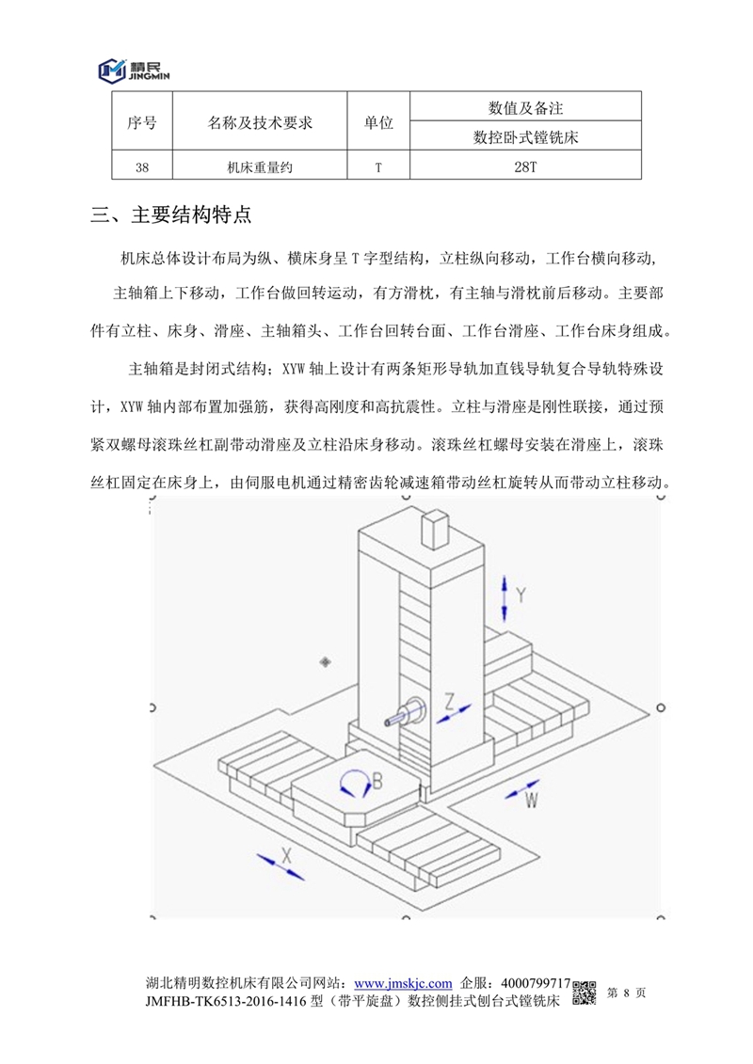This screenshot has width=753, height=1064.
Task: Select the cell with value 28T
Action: tap(526, 167)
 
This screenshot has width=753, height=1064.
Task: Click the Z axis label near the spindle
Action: tap(451, 701)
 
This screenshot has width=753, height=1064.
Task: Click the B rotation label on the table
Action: tap(376, 780)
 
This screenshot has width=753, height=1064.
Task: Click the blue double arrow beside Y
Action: tap(506, 595)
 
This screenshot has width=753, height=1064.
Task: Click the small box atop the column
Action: tap(435, 528)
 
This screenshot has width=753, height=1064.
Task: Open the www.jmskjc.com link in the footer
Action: tap(404, 982)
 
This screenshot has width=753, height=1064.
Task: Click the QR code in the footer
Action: tap(585, 992)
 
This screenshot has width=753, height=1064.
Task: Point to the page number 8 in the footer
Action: tap(626, 992)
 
